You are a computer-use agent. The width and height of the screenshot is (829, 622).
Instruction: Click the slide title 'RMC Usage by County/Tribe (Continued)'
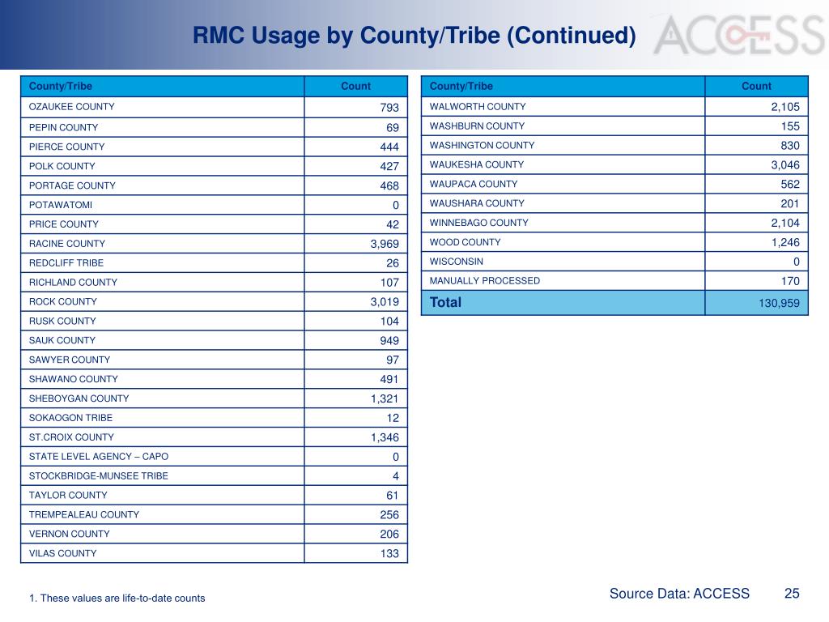point(414,36)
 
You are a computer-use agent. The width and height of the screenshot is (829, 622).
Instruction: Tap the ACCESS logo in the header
point(738,35)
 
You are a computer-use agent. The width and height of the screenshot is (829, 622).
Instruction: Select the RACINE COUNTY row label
point(67,244)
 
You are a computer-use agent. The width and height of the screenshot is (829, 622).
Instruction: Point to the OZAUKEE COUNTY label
point(72,107)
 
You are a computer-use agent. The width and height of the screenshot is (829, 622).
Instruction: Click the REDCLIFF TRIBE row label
point(66,263)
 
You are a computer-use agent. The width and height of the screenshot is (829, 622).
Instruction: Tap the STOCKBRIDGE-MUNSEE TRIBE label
point(99,476)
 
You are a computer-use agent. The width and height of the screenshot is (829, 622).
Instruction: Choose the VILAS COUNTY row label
point(62,554)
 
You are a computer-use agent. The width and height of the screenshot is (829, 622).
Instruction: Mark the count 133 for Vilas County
point(389,554)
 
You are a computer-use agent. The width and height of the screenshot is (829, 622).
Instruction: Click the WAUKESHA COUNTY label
point(477,165)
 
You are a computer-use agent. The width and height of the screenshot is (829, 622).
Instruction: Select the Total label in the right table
point(445,303)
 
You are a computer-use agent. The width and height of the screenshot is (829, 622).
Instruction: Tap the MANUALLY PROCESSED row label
point(484,281)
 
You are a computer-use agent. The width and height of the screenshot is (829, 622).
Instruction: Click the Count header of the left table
point(355,87)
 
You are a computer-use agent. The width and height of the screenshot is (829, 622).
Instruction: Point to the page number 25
point(792,594)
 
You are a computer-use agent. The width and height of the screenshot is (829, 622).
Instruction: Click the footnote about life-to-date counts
point(117,599)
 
